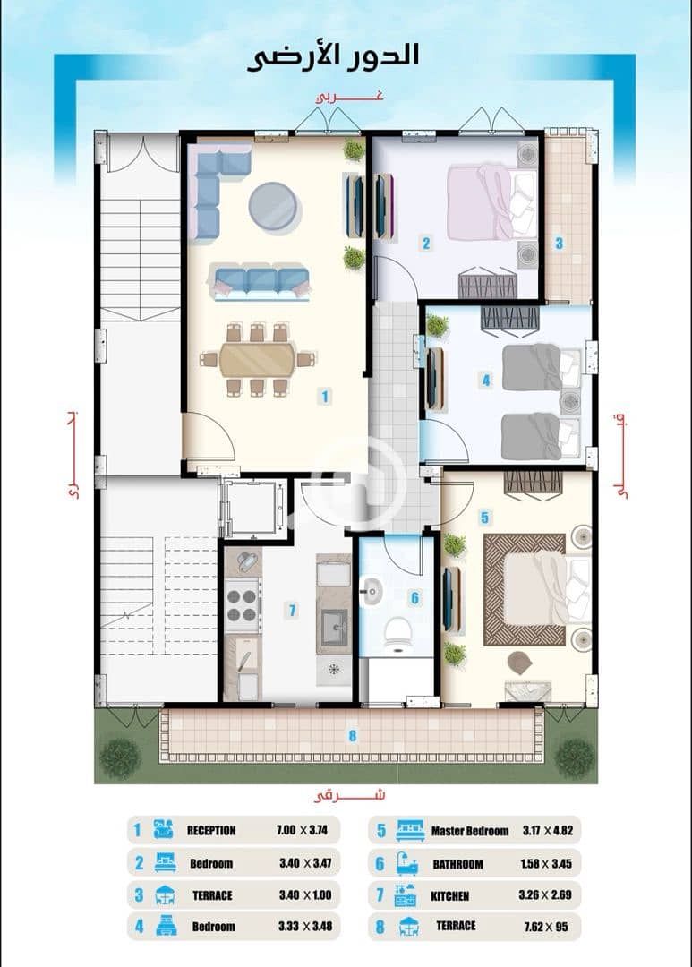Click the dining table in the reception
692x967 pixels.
[257, 359]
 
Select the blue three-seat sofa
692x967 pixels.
[260, 282]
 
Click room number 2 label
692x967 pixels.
[426, 243]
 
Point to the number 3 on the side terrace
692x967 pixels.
[559, 243]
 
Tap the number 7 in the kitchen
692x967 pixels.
[293, 611]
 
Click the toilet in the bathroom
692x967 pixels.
[397, 636]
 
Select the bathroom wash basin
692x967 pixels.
[372, 593]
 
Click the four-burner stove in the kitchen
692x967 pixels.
[241, 605]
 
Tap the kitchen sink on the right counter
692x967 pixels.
[334, 627]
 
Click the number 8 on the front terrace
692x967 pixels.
[353, 735]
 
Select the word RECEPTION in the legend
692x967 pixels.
[211, 830]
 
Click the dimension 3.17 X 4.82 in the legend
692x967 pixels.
[548, 830]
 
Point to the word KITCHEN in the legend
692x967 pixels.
[450, 895]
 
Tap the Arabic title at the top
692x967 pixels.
[333, 56]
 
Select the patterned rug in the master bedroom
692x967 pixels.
[525, 590]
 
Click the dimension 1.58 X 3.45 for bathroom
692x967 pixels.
[546, 863]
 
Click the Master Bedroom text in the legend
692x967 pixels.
[470, 831]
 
